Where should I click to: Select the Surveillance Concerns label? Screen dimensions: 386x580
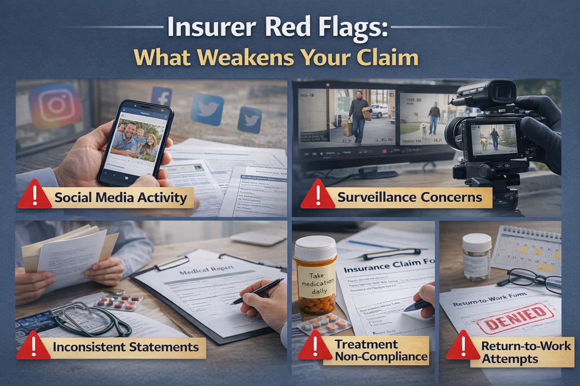(x=409, y=197)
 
